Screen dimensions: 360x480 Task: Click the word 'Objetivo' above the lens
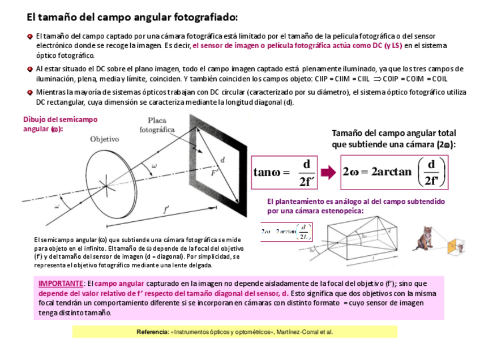(104, 139)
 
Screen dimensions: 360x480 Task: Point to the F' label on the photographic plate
(215, 173)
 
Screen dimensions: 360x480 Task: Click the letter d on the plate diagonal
(222, 160)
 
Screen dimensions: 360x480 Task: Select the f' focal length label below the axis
(165, 210)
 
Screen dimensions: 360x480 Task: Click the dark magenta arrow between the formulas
(328, 172)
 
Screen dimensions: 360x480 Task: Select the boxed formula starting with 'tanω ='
(284, 172)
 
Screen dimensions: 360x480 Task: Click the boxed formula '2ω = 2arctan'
(395, 172)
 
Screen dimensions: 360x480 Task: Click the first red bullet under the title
(30, 36)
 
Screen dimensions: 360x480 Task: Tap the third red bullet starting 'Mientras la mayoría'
(30, 92)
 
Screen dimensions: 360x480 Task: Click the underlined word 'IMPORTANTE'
(61, 283)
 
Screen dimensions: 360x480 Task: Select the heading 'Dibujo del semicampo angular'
(59, 123)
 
